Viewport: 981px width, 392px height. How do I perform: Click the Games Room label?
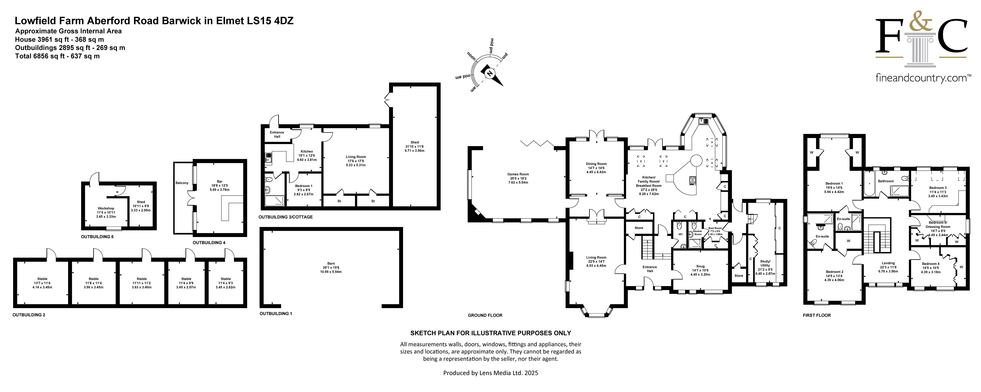pos(518,174)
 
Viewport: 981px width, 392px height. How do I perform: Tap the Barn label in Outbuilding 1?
pos(331,263)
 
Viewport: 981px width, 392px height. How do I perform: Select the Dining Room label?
pos(596,164)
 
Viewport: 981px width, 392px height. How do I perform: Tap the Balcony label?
pos(182,183)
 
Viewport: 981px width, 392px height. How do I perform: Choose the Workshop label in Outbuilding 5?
pos(106,208)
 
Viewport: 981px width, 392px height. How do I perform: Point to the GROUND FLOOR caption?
pos(485,315)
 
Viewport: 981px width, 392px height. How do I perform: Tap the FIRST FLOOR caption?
pos(817,315)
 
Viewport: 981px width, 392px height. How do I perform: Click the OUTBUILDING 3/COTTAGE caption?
pos(286,217)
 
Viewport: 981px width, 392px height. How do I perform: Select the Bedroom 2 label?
pos(834,272)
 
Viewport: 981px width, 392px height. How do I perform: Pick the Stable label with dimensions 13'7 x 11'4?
pos(42,279)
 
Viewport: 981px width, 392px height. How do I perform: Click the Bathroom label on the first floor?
pos(886,181)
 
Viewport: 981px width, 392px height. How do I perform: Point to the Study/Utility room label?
pos(765,263)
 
